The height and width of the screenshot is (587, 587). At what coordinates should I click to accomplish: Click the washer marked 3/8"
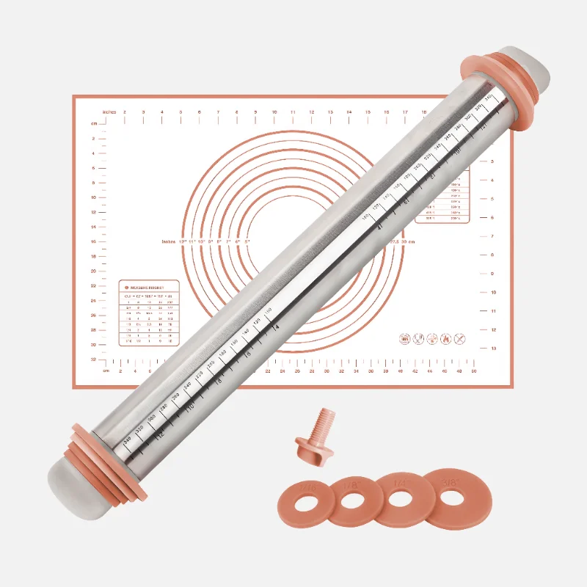(x=450, y=497)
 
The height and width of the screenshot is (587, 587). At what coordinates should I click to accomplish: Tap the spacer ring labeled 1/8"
(x=354, y=500)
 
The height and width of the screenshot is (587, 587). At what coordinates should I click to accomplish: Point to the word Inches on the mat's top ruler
(x=109, y=112)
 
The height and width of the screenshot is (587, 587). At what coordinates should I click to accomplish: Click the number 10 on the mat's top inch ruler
(x=274, y=112)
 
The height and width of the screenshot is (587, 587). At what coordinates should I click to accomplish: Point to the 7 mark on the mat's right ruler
(x=493, y=236)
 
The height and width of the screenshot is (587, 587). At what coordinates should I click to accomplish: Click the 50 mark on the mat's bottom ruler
(x=474, y=371)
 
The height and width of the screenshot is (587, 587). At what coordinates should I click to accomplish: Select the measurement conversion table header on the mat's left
(x=150, y=287)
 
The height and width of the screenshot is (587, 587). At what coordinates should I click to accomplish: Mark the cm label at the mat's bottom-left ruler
(x=106, y=371)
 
